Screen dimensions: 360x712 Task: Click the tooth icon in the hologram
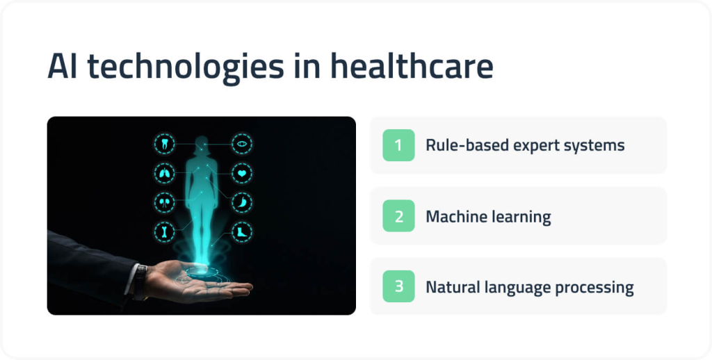[x=164, y=144]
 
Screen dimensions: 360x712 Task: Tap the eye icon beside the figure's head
[x=242, y=144]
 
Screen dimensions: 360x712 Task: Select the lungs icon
[x=164, y=173]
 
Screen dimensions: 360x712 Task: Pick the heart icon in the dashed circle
[x=242, y=173]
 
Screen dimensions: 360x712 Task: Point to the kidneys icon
[x=164, y=202]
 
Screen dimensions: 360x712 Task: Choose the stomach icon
[x=242, y=202]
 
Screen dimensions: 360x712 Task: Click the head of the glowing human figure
[x=203, y=145]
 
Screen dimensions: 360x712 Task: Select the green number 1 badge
[x=398, y=145]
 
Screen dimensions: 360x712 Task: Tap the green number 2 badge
[x=398, y=216]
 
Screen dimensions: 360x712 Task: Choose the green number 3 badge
[x=398, y=286]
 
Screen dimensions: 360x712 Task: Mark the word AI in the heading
[x=62, y=67]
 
